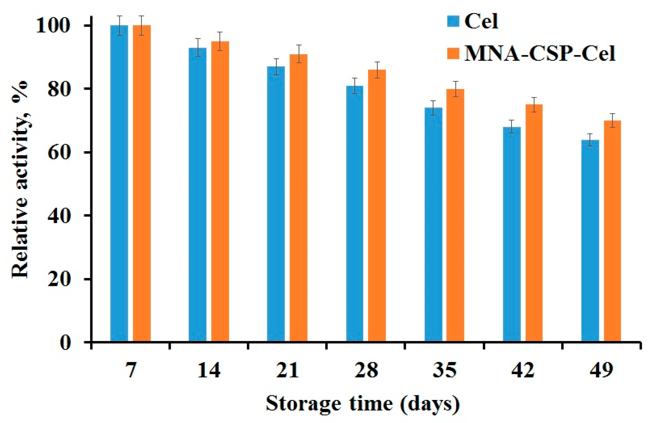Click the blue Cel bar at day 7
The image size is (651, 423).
click(119, 183)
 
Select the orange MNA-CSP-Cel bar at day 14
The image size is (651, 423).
click(220, 191)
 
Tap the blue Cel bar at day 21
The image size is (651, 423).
click(276, 204)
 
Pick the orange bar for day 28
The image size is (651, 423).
click(377, 205)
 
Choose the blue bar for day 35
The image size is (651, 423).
click(433, 224)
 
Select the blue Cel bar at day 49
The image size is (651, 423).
click(590, 241)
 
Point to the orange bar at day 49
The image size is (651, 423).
click(612, 231)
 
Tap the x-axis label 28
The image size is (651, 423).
click(366, 371)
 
